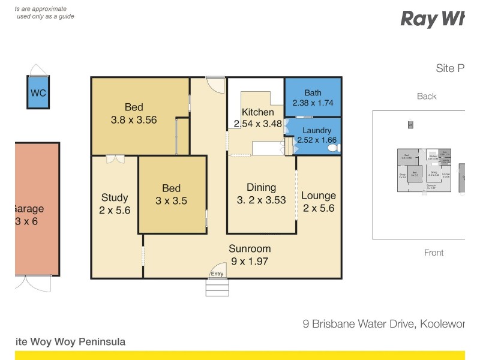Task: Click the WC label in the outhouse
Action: click(38, 93)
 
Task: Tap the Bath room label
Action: click(313, 93)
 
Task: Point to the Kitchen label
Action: click(258, 112)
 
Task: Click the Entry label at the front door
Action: click(217, 274)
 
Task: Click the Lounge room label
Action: click(318, 196)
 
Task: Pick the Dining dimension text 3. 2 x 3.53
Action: click(261, 200)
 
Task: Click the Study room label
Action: click(115, 197)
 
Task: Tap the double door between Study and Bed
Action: click(114, 160)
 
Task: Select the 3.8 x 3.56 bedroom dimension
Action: click(134, 119)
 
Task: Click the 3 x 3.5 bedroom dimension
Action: click(171, 201)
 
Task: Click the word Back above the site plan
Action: click(427, 96)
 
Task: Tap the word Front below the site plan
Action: click(434, 253)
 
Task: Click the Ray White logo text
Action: click(432, 19)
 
